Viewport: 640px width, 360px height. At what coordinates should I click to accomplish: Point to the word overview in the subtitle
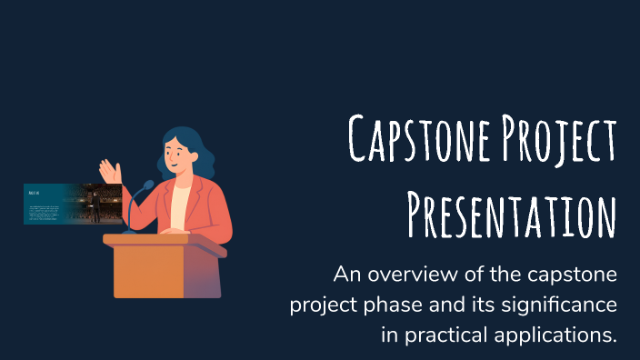[406, 275]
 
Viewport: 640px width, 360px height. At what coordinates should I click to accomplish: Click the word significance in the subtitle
[559, 305]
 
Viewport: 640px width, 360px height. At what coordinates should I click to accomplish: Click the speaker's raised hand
[110, 172]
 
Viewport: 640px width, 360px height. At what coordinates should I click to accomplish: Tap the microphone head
[149, 185]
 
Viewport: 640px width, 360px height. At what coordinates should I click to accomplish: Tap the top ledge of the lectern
[165, 240]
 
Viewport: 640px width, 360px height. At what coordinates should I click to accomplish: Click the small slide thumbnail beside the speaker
[73, 204]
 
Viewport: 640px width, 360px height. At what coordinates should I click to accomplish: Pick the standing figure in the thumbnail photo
[96, 206]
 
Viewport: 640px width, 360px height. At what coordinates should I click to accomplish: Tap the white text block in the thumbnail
[43, 213]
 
